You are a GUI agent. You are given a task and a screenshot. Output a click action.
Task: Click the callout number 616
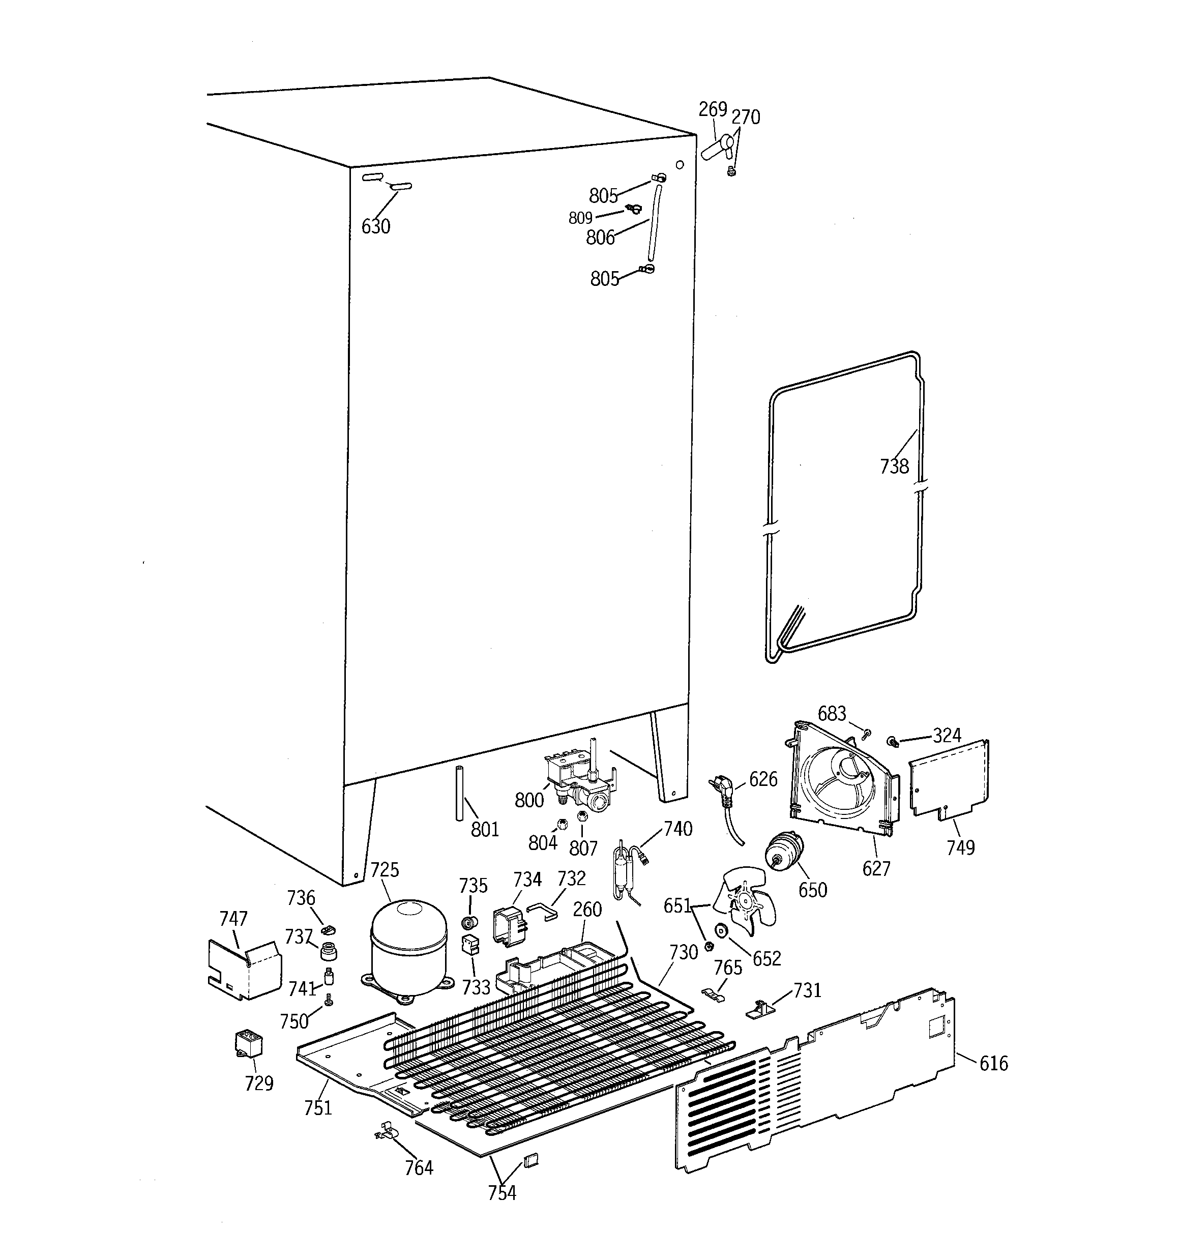[x=993, y=1063]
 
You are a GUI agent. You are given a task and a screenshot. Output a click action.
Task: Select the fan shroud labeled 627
[x=842, y=780]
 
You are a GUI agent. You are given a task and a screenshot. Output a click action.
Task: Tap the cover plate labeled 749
[x=948, y=781]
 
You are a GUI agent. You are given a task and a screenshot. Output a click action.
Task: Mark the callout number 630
[x=375, y=226]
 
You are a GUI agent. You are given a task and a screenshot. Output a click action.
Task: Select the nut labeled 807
[x=583, y=815]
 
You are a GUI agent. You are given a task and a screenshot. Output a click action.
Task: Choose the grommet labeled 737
[x=328, y=951]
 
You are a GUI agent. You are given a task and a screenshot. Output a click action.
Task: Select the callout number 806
[x=600, y=238]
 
